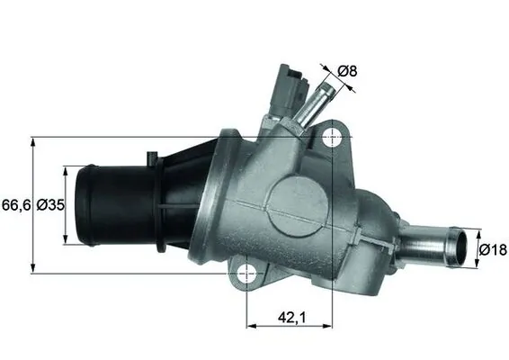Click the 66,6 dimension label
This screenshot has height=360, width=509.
pyautogui.click(x=14, y=205)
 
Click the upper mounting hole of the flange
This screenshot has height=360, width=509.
pyautogui.click(x=334, y=137)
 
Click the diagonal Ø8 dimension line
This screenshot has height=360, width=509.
pyautogui.click(x=332, y=76)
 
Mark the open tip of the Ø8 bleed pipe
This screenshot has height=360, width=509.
pyautogui.click(x=325, y=87)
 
